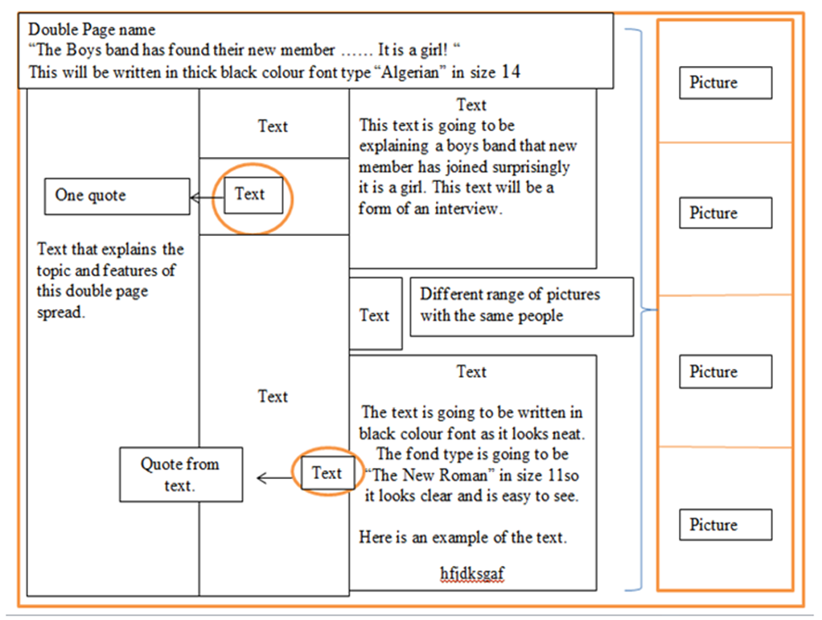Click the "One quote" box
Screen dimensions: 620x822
(117, 196)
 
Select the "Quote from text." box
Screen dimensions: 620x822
(181, 474)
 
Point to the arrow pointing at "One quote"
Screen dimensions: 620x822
(207, 196)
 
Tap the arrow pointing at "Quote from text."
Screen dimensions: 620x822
(273, 478)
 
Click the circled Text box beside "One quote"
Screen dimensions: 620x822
(253, 195)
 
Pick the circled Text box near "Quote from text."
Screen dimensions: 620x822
(327, 473)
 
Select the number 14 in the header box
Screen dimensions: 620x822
(510, 72)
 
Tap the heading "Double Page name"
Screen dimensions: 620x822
(92, 31)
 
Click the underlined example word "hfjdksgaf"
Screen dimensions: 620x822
(472, 572)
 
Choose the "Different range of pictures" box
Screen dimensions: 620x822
(521, 305)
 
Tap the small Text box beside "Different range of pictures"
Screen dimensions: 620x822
(375, 315)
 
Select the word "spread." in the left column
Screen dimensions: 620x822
(61, 312)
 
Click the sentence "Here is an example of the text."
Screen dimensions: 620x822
(463, 538)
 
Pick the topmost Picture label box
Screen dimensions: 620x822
(725, 82)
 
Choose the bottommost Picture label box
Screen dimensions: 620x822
(725, 524)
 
